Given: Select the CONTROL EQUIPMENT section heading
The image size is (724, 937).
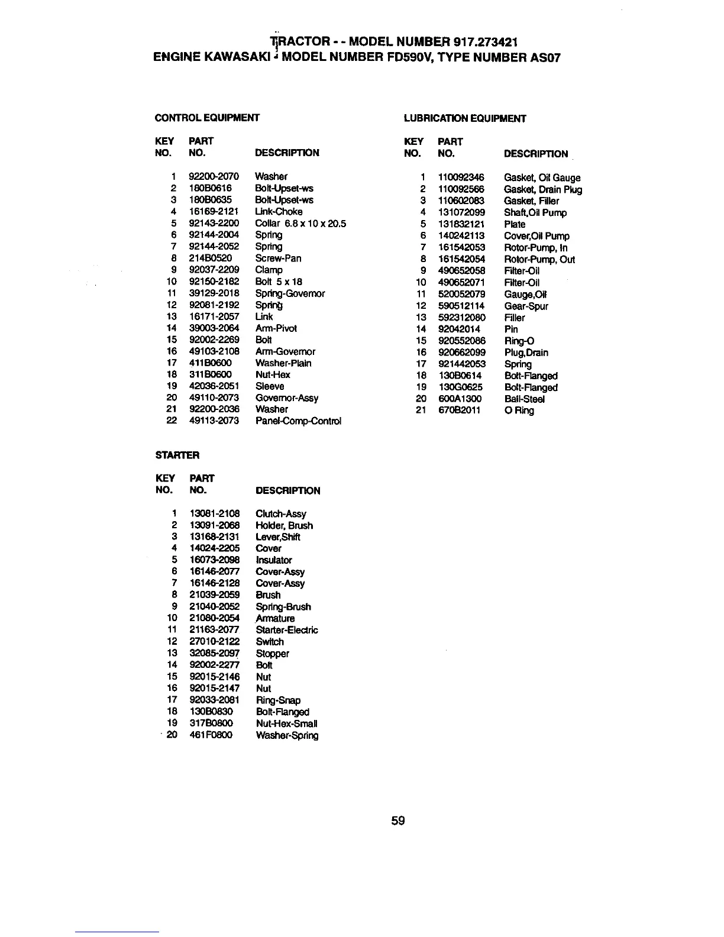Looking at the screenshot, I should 206,118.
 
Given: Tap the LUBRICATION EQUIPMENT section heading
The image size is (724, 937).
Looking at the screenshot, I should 465,118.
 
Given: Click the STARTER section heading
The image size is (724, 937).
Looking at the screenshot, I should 177,455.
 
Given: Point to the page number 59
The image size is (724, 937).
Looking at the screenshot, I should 397,820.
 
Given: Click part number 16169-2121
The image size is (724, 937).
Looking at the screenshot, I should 214,211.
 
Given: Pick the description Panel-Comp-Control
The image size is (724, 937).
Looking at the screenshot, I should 298,421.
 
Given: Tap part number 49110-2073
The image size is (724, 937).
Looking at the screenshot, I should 214,398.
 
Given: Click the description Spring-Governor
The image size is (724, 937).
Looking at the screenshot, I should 290,293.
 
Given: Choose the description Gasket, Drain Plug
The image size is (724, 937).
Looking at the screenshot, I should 543,189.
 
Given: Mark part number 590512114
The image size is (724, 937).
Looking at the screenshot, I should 461,306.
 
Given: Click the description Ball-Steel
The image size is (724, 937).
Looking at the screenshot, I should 525,399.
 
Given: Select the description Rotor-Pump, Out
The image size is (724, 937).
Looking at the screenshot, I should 539,259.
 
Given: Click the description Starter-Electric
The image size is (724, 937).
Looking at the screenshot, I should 287,630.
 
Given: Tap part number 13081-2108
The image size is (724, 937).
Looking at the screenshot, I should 215,513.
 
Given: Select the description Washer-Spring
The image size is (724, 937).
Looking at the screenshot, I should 287,735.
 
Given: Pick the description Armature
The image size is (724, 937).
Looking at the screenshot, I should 275,619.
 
